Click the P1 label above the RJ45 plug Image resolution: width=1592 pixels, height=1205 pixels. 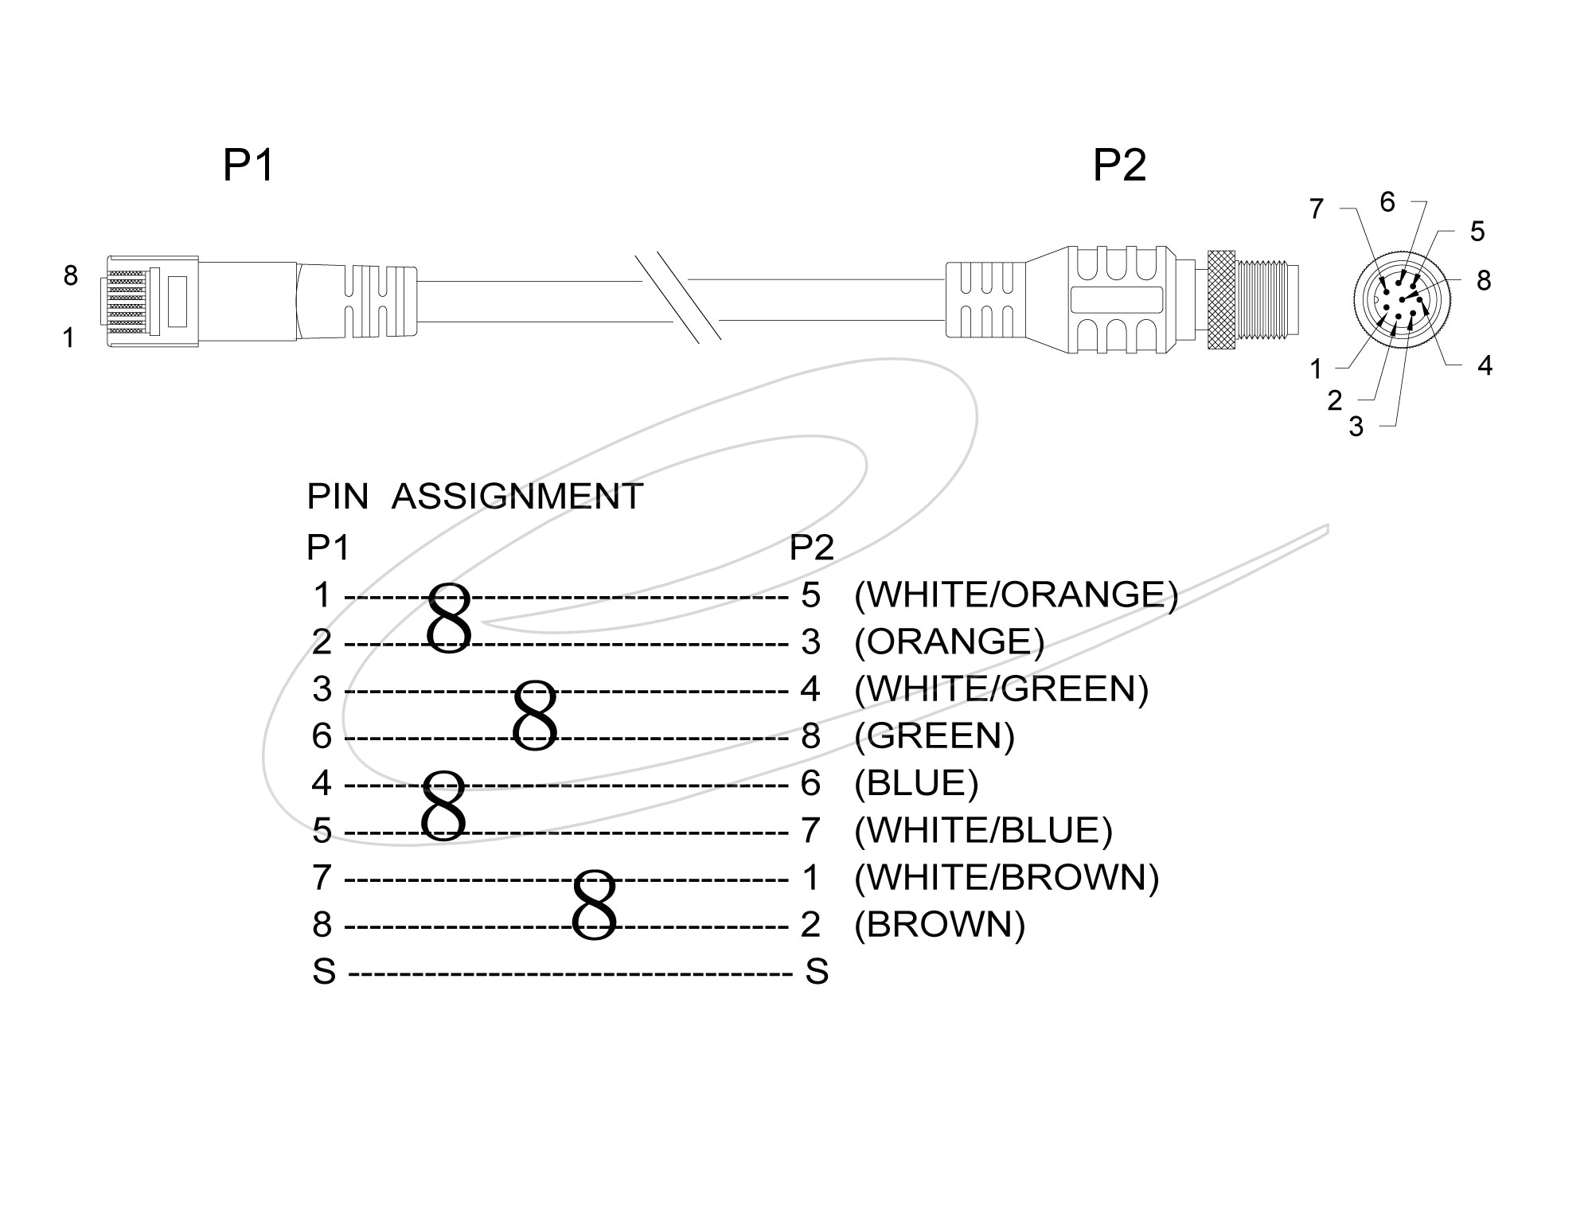pyautogui.click(x=248, y=166)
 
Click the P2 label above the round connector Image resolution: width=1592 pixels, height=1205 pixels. pyautogui.click(x=1119, y=166)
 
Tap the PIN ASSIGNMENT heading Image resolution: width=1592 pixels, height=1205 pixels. pyautogui.click(x=474, y=497)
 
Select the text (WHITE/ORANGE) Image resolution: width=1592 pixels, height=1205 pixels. pyautogui.click(x=1016, y=595)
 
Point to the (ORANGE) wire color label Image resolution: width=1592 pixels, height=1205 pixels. pyautogui.click(x=949, y=642)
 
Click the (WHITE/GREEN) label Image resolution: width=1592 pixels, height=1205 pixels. pyautogui.click(x=1001, y=689)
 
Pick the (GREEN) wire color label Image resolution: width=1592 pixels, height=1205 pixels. pyautogui.click(x=935, y=736)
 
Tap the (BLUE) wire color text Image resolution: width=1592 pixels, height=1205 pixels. pyautogui.click(x=916, y=783)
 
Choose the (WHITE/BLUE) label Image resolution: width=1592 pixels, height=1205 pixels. pyautogui.click(x=983, y=830)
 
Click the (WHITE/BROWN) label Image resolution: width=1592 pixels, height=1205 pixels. pyautogui.click(x=1006, y=877)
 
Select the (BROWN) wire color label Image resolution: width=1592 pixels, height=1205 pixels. pyautogui.click(x=939, y=924)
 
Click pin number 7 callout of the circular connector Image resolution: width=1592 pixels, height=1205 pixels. pyautogui.click(x=1317, y=209)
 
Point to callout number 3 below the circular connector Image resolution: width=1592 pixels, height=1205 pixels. pyautogui.click(x=1356, y=427)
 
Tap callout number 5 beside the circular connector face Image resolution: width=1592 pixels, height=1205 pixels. pyautogui.click(x=1477, y=232)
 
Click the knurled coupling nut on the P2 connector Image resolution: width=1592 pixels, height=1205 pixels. pyautogui.click(x=1222, y=299)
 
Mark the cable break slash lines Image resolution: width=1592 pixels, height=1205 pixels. pyautogui.click(x=679, y=299)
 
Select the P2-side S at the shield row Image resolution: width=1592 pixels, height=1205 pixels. pyautogui.click(x=817, y=972)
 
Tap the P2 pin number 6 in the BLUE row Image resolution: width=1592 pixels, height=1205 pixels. pyautogui.click(x=810, y=783)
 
